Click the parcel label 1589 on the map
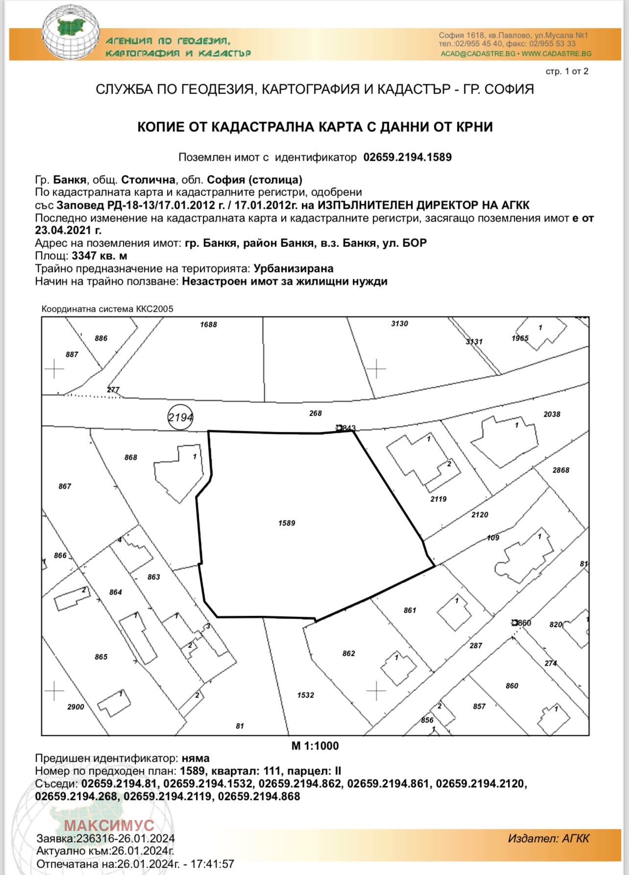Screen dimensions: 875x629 click(287, 523)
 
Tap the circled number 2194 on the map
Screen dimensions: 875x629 click(180, 418)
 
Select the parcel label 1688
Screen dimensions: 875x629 click(208, 325)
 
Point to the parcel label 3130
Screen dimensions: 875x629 click(399, 324)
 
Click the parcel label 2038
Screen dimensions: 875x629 click(552, 414)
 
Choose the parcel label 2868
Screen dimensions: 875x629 click(561, 470)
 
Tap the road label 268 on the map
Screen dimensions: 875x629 click(315, 413)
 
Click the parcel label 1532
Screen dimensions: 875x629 click(305, 695)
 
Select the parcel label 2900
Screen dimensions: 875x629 click(75, 707)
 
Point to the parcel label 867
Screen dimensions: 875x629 click(65, 486)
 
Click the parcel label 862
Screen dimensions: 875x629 click(349, 653)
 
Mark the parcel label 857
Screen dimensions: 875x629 click(479, 706)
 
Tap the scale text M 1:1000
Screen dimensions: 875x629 click(315, 746)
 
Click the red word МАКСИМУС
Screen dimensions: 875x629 click(109, 825)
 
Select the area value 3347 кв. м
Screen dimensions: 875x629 click(99, 256)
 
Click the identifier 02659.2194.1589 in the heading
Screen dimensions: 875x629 click(407, 157)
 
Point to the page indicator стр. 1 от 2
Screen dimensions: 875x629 click(567, 72)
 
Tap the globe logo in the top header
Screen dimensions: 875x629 click(70, 33)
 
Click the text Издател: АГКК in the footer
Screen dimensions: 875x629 click(548, 838)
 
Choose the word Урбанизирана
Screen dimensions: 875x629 click(293, 269)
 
